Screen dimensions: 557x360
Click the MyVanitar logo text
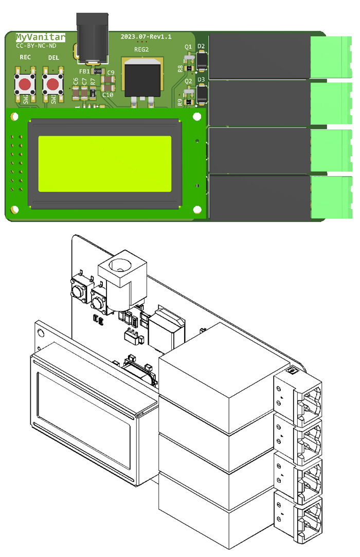click(40, 37)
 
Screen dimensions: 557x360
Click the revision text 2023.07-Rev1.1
click(146, 37)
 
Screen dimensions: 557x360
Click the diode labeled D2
click(202, 63)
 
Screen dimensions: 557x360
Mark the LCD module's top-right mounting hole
click(196, 118)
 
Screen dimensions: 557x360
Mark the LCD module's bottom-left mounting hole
click(14, 210)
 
